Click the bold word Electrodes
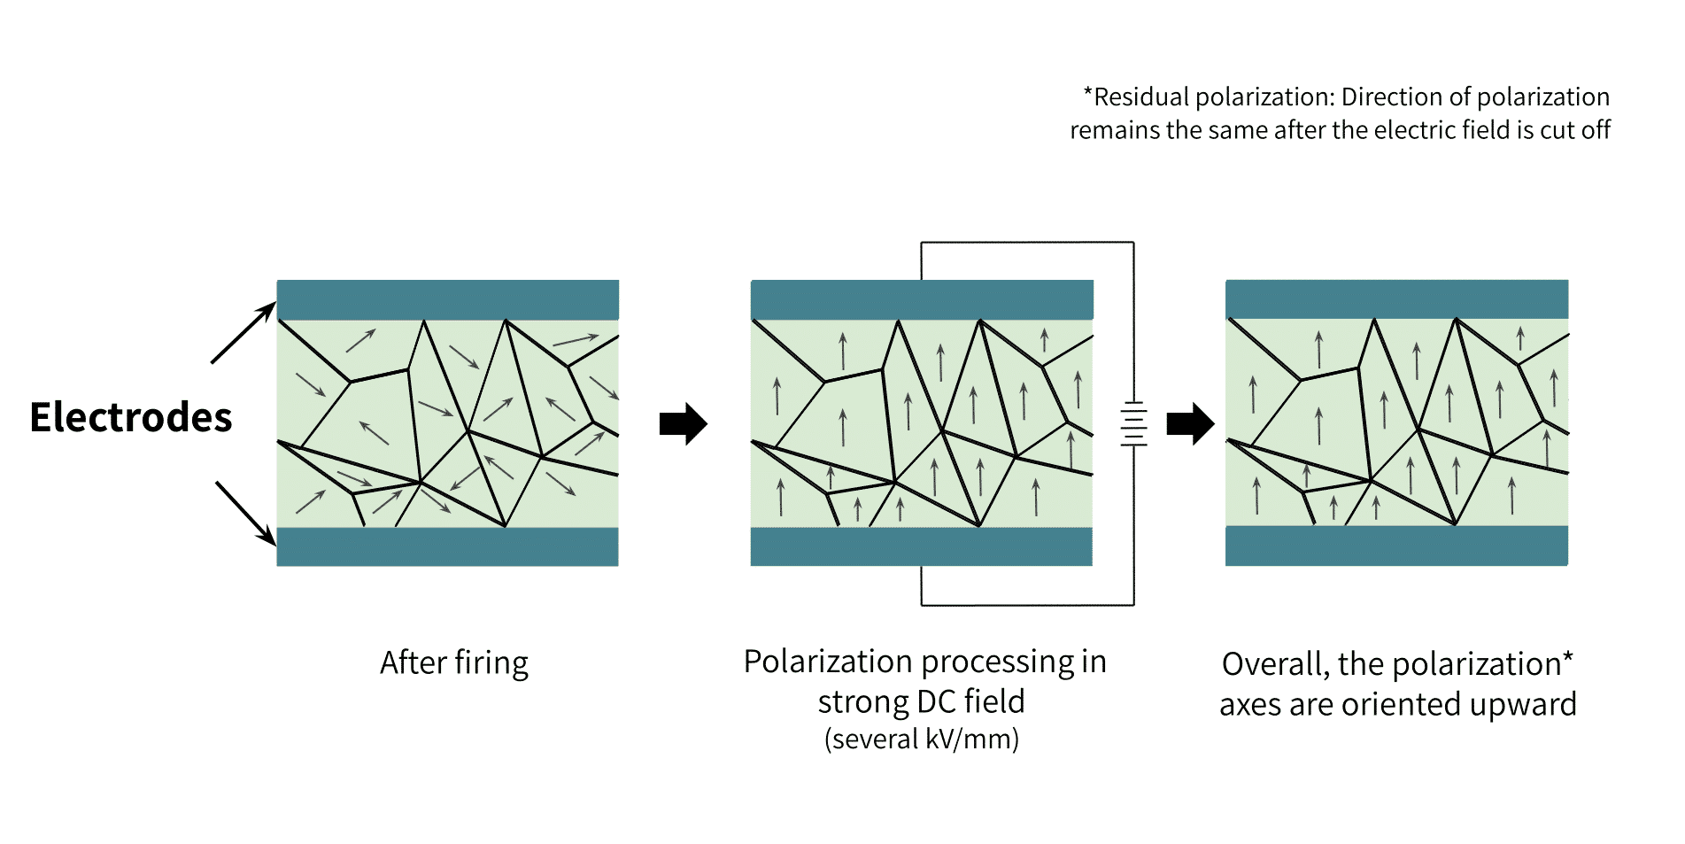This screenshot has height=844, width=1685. click(x=130, y=418)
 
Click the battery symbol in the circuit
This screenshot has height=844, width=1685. click(x=1133, y=423)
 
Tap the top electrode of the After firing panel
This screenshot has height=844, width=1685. click(x=447, y=299)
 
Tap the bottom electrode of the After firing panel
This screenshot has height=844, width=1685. click(x=447, y=546)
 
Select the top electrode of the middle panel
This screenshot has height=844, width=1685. click(x=921, y=299)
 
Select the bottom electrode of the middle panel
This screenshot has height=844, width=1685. click(x=921, y=546)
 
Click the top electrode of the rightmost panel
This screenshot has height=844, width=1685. click(x=1396, y=299)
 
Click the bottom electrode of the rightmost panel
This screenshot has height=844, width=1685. click(x=1396, y=546)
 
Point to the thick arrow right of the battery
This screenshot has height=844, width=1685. click(x=1190, y=423)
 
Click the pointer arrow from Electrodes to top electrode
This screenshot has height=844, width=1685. click(x=243, y=333)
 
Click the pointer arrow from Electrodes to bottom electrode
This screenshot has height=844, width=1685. click(x=245, y=513)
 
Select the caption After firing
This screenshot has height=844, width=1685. click(x=454, y=662)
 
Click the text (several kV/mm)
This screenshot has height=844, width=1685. click(x=921, y=739)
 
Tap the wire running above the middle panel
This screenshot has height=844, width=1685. click(x=1027, y=242)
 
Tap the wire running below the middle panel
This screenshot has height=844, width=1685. click(x=1027, y=605)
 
